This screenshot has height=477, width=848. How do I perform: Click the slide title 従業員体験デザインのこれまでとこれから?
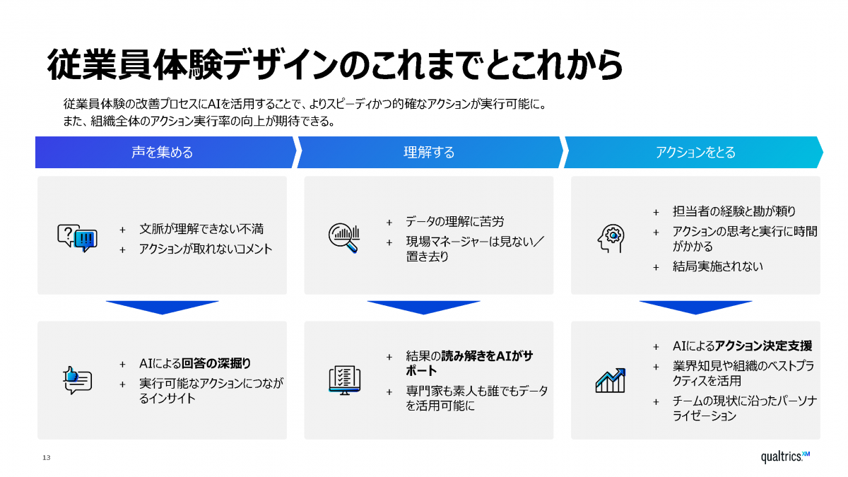(335, 65)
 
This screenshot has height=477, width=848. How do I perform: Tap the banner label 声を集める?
(162, 152)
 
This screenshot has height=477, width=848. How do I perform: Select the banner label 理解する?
(429, 152)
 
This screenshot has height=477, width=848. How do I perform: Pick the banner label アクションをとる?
(695, 152)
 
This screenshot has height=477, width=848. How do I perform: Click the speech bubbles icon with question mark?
(77, 238)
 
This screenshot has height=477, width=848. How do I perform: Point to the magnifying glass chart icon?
(344, 237)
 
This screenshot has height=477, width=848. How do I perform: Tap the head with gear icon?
(611, 238)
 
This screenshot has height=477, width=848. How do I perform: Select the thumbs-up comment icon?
(77, 380)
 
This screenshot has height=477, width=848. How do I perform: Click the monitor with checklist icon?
(345, 380)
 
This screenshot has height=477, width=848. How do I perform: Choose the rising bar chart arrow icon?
(611, 380)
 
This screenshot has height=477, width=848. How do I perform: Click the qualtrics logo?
(785, 457)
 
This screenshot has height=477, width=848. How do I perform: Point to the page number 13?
(46, 458)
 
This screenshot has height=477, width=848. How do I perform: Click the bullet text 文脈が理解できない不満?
(201, 229)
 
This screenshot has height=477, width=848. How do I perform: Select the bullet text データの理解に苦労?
(455, 221)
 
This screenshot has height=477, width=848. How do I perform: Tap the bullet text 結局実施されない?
(718, 266)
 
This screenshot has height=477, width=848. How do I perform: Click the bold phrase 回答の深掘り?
(216, 363)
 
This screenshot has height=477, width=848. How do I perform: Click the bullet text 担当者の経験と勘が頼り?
(734, 211)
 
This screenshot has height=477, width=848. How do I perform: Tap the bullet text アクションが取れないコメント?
(206, 249)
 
